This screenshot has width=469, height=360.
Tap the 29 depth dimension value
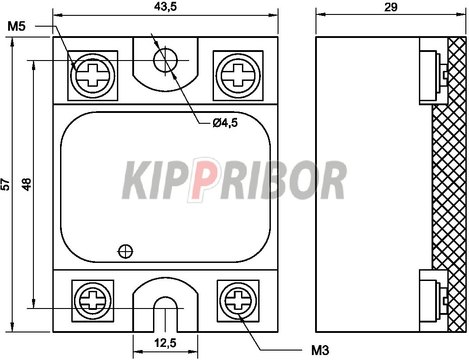click(391, 7)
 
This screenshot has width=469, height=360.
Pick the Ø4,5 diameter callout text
click(225, 123)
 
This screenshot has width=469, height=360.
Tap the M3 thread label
click(320, 350)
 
